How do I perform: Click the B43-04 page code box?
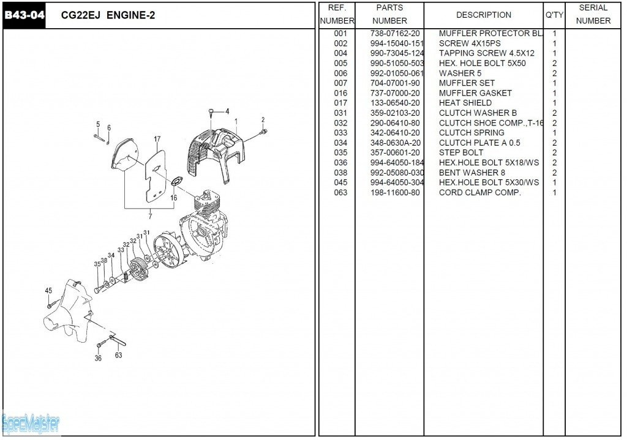click(x=24, y=15)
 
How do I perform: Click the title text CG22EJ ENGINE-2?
click(x=108, y=15)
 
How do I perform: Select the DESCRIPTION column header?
click(x=483, y=15)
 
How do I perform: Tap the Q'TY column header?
click(x=554, y=15)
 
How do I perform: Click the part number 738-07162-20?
click(x=395, y=33)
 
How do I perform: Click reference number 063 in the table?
click(x=340, y=192)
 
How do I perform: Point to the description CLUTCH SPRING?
click(x=471, y=133)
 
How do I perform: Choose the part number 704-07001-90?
click(x=395, y=83)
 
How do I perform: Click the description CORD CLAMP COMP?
click(x=479, y=192)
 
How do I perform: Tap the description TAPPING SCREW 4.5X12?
click(x=486, y=53)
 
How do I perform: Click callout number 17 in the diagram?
click(x=157, y=139)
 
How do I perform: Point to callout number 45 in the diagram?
click(x=48, y=290)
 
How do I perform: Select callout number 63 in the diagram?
click(x=118, y=355)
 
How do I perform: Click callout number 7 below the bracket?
click(x=150, y=215)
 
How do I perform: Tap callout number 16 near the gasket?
click(x=174, y=198)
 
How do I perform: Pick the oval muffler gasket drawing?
click(x=178, y=181)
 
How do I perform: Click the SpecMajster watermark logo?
click(x=31, y=423)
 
